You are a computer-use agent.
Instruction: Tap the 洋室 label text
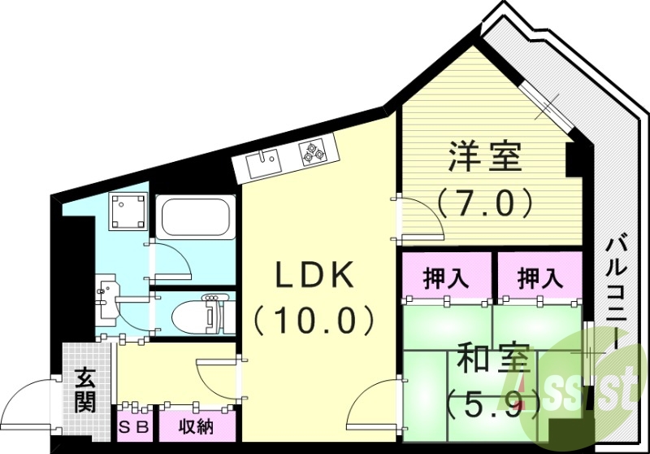[x=486, y=157]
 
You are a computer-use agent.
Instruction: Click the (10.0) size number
[x=315, y=321]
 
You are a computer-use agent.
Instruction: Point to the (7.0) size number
[x=486, y=201]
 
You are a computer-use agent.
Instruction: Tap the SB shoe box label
[x=135, y=426]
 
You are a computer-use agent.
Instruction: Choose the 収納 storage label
[x=196, y=426]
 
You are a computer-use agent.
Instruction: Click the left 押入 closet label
[x=446, y=277]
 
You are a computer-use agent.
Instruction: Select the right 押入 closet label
[x=541, y=277]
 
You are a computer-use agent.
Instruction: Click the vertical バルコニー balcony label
[x=617, y=294]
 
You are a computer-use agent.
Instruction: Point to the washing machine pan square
[x=129, y=212]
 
